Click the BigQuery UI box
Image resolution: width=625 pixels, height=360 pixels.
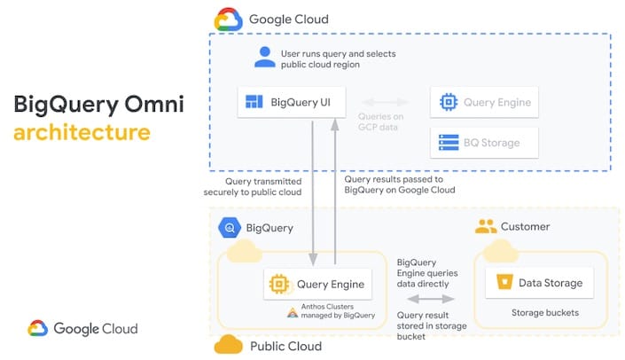(292, 102)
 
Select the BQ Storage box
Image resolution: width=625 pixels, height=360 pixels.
(483, 142)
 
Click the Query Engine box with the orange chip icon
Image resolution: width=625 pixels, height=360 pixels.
(318, 284)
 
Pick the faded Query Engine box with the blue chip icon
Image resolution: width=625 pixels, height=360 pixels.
(483, 102)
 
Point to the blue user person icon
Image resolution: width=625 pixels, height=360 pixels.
(264, 58)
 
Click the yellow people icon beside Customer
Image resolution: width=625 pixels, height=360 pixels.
(486, 226)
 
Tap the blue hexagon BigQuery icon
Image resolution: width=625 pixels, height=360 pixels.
(229, 227)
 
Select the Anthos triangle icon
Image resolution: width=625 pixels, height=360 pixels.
(292, 312)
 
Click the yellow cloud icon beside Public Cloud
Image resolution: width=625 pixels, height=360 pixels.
(229, 344)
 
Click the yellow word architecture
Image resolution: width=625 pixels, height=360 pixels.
(82, 133)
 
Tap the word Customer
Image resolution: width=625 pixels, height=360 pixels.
(526, 227)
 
